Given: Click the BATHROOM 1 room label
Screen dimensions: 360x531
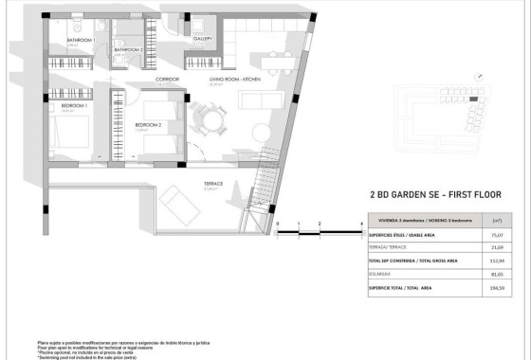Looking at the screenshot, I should [79, 41].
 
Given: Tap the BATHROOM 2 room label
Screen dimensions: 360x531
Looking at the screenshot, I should [128, 49].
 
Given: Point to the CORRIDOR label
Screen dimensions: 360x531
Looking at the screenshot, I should [168, 80].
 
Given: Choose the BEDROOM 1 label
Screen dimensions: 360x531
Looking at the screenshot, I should [74, 106].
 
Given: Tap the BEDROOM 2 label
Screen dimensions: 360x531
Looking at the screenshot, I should [150, 125].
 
